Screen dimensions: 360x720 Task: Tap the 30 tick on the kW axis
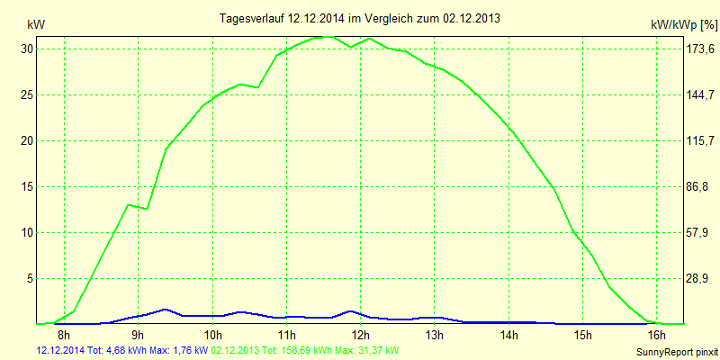pyautogui.click(x=28, y=49)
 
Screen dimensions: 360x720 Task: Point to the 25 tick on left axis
pyautogui.click(x=28, y=94)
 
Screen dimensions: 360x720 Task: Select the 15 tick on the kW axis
pyautogui.click(x=28, y=186)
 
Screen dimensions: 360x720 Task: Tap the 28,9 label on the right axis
pyautogui.click(x=699, y=278)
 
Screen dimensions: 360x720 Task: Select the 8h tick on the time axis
pyautogui.click(x=65, y=335)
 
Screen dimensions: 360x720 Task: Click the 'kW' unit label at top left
pyautogui.click(x=35, y=24)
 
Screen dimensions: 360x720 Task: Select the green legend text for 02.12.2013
pyautogui.click(x=305, y=349)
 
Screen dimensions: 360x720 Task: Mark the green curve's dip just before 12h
pyautogui.click(x=351, y=47)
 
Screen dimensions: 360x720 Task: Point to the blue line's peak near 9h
pyautogui.click(x=165, y=309)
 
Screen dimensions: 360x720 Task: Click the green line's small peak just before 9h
pyautogui.click(x=129, y=205)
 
